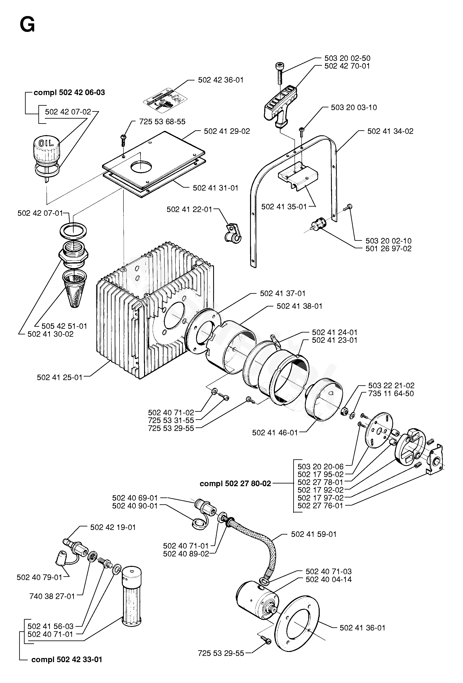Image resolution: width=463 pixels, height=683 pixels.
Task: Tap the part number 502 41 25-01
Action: tap(60, 377)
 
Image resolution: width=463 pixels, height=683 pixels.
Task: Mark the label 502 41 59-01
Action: tap(314, 534)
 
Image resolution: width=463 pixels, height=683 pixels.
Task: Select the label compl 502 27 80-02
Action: tap(235, 484)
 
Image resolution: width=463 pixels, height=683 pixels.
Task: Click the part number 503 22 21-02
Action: tap(391, 385)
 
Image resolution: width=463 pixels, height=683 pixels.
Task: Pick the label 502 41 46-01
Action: tap(275, 433)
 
